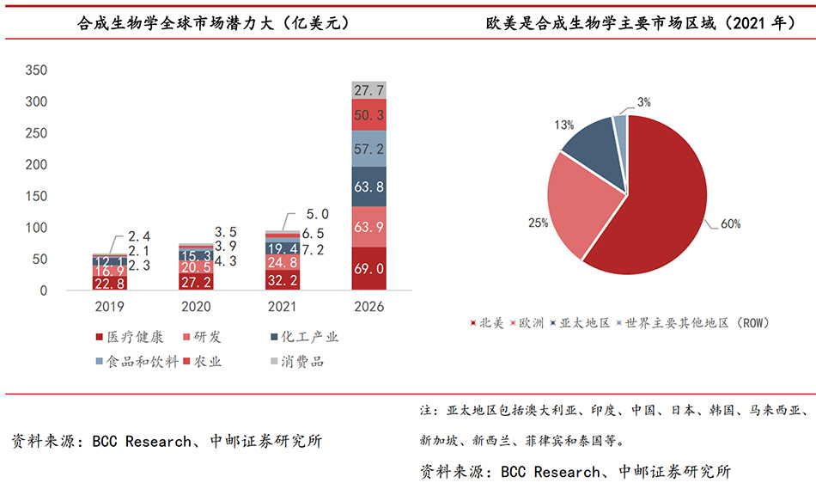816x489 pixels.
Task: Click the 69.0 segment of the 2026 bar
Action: point(368,269)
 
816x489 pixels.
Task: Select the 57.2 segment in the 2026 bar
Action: point(368,149)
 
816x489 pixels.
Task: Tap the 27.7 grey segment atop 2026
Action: point(368,89)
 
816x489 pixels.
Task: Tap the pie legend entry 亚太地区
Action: point(584,323)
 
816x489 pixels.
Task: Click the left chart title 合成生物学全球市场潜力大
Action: point(202,24)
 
